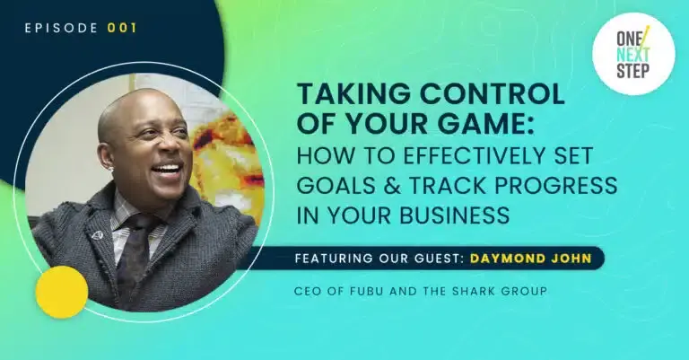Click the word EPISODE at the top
(62, 27)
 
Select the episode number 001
(122, 27)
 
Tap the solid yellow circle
(61, 292)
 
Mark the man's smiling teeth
(168, 168)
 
